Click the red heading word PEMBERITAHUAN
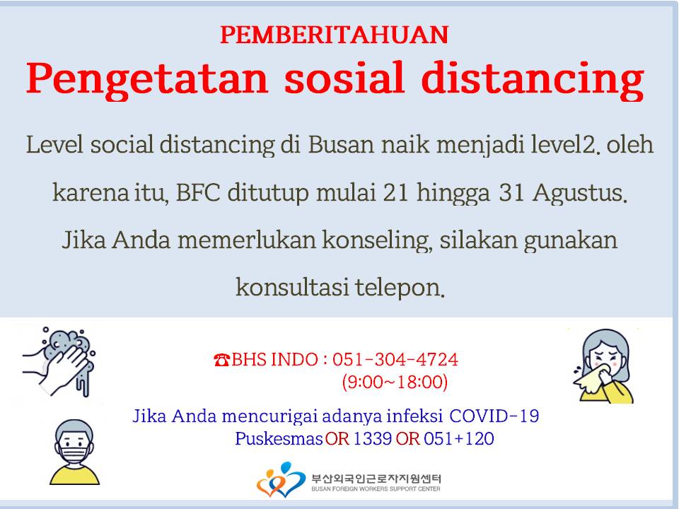[335, 35]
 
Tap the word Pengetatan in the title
[147, 78]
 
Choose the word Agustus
[580, 193]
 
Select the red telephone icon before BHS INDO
[221, 360]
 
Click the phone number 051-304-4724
[395, 360]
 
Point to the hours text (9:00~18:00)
[395, 382]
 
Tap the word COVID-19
[494, 416]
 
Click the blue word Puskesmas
[279, 438]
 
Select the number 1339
[373, 438]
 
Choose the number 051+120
[458, 438]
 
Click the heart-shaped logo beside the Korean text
[281, 479]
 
